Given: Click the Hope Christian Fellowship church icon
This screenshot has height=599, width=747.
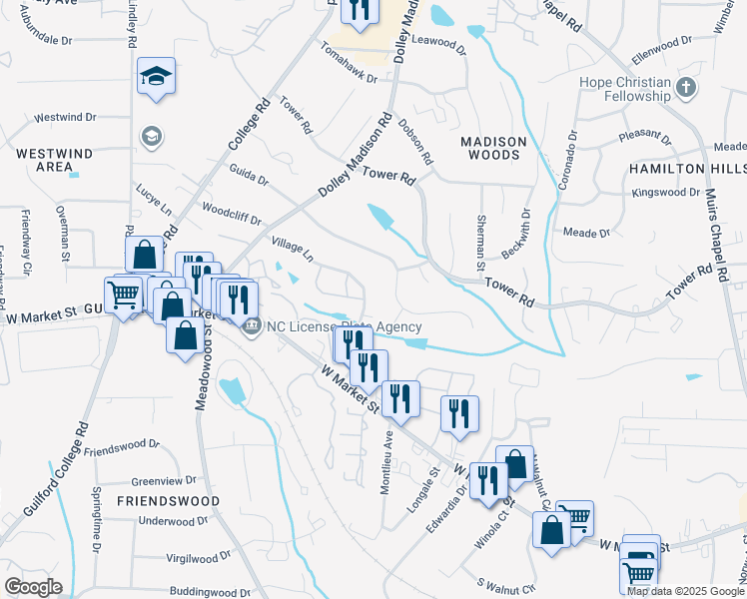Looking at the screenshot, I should tap(685, 87).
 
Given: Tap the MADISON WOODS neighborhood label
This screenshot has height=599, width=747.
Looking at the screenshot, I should tap(491, 149).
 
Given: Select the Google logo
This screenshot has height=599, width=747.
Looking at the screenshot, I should tap(33, 587).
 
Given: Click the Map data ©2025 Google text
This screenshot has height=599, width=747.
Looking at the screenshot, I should tap(685, 591).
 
